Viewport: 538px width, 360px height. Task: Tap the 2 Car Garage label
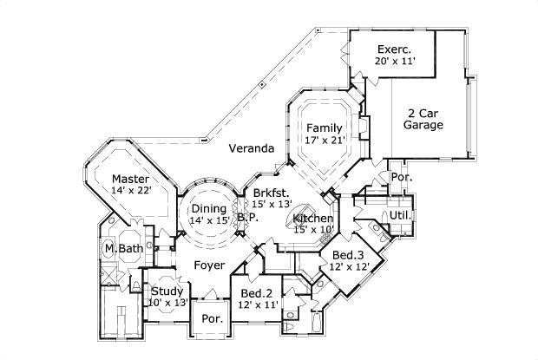(423, 119)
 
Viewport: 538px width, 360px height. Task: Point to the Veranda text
(252, 148)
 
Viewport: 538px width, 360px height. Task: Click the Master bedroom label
(131, 179)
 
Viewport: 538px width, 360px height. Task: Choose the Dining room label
(209, 208)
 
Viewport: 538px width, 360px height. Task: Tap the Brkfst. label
(272, 193)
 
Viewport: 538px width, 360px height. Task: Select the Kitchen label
(312, 218)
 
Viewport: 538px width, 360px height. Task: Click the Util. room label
(399, 214)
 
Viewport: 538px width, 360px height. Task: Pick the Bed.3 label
(347, 255)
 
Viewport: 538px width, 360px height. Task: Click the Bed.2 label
(257, 294)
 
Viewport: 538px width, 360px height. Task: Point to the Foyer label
(209, 265)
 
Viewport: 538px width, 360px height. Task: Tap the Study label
(167, 291)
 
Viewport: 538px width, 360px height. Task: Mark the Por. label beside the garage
(402, 177)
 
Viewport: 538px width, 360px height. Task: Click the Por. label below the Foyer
(213, 318)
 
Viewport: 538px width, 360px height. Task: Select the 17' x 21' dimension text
(325, 139)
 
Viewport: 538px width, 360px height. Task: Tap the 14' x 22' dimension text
(131, 191)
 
